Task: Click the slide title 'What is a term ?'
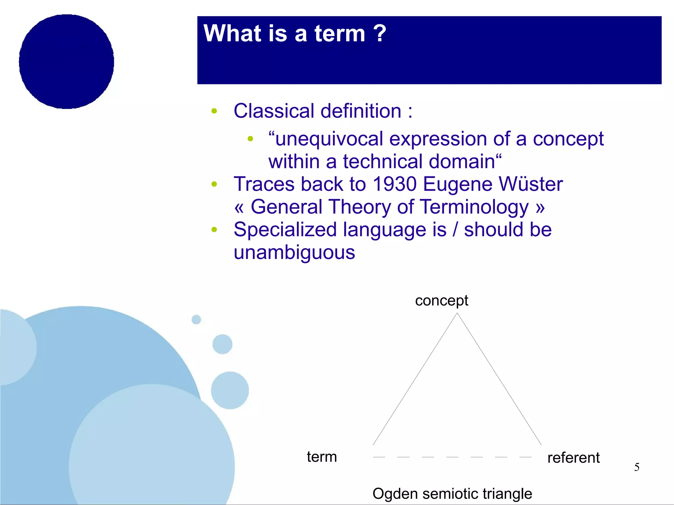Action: click(x=295, y=34)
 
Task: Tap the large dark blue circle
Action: click(x=66, y=62)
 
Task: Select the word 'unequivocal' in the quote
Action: click(x=329, y=139)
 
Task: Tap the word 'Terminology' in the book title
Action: click(x=474, y=207)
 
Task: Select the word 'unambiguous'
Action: click(x=294, y=253)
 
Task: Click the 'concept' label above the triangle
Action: click(x=441, y=301)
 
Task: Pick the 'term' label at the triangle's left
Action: click(x=322, y=457)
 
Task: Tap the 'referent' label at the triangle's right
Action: click(x=573, y=458)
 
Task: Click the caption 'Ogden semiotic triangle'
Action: click(x=452, y=493)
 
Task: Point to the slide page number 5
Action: click(x=637, y=467)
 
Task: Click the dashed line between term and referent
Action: click(x=452, y=457)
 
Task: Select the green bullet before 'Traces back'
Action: click(x=214, y=184)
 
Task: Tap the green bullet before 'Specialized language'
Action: click(x=214, y=230)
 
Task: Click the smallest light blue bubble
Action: click(x=196, y=319)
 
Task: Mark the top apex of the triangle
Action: click(x=457, y=313)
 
